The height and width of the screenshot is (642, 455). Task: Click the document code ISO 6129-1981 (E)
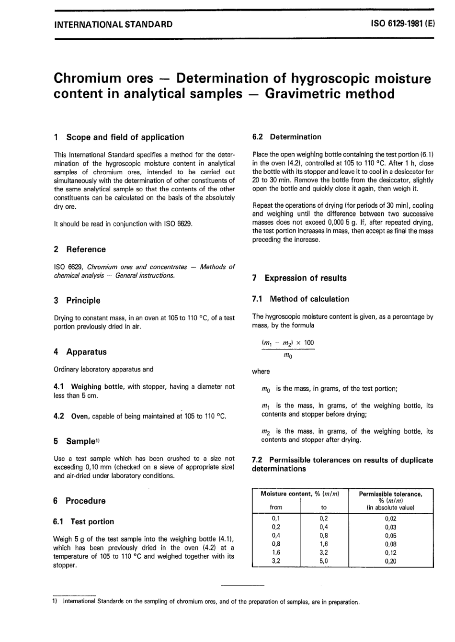tap(403, 24)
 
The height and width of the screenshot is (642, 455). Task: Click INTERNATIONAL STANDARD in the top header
tap(114, 24)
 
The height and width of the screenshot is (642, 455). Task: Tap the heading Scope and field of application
tap(125, 137)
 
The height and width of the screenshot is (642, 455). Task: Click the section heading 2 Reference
tap(80, 249)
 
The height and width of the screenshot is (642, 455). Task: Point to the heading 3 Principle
tap(78, 301)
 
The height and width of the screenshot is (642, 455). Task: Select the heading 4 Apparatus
tap(80, 352)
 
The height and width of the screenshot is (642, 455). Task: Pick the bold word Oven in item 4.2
tap(80, 417)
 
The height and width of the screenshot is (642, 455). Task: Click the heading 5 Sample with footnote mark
tap(77, 441)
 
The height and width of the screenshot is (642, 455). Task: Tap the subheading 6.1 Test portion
tap(84, 522)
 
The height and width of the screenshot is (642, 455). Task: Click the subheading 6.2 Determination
tap(287, 137)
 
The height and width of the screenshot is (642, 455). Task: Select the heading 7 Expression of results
tap(299, 278)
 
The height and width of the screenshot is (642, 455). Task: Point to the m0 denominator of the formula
tap(287, 356)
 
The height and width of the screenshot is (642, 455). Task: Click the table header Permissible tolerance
tap(390, 494)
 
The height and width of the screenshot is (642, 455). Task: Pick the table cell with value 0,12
tap(390, 552)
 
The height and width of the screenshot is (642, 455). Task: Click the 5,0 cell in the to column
tap(324, 561)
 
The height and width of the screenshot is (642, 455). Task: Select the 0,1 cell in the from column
tap(276, 518)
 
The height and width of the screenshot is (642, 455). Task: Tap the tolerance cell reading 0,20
tap(390, 561)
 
